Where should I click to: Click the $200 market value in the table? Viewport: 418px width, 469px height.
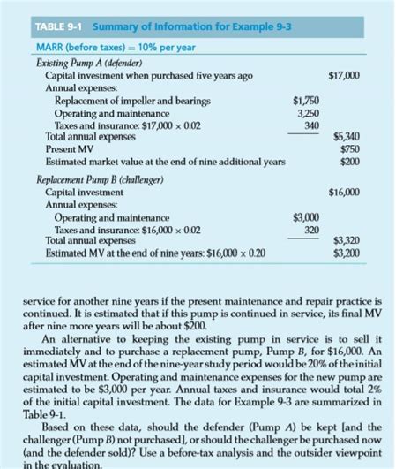click(349, 162)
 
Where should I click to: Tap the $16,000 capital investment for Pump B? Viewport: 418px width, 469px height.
click(343, 191)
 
